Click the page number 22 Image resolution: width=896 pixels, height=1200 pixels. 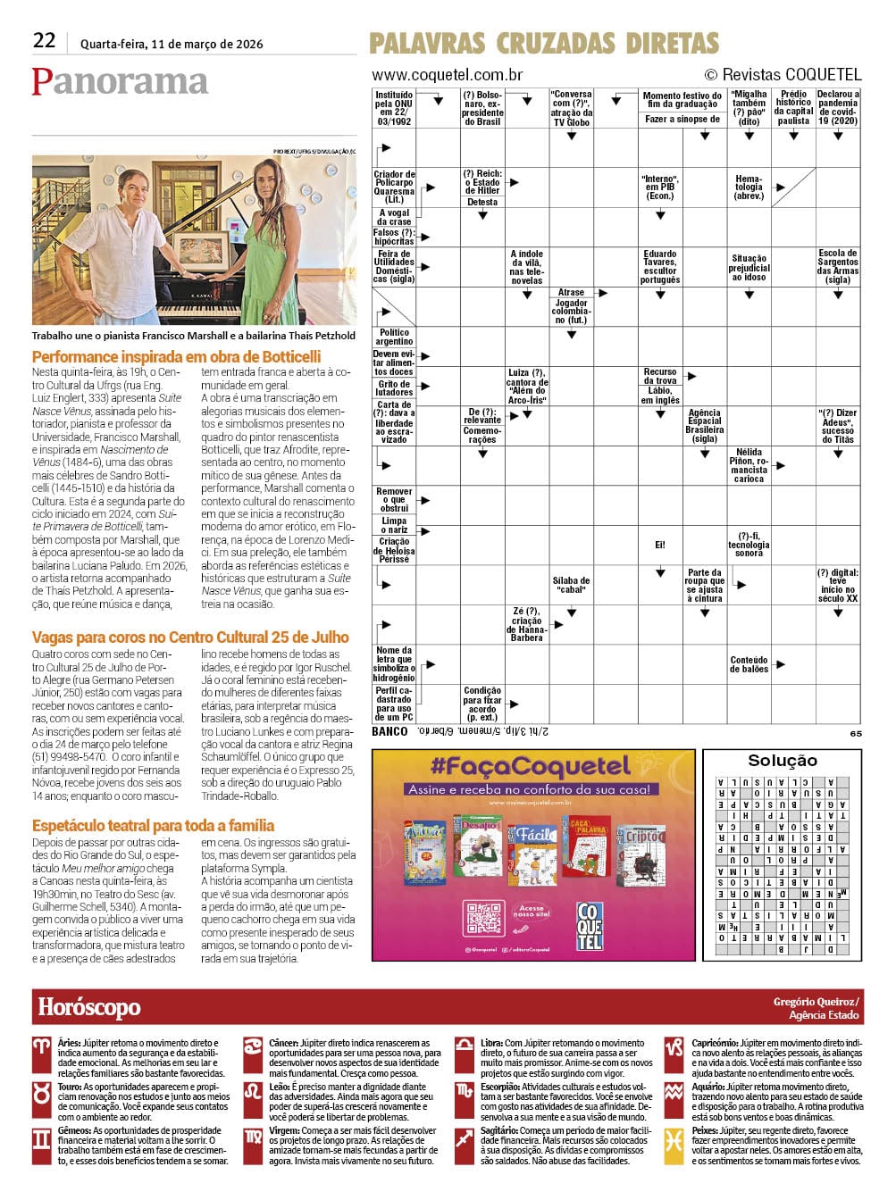(x=44, y=40)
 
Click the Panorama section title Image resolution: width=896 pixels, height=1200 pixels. (x=120, y=81)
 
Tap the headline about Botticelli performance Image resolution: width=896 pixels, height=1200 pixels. (x=176, y=356)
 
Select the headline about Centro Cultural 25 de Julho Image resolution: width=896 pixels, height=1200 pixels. (x=190, y=637)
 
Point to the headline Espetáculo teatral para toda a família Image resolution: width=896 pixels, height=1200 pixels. (x=153, y=826)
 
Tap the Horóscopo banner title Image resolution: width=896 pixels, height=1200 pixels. (x=89, y=1008)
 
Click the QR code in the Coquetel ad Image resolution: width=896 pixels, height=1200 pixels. (x=483, y=919)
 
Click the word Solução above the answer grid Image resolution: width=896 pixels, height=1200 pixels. (x=782, y=761)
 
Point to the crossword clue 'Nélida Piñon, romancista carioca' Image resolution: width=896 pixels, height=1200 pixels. (x=749, y=465)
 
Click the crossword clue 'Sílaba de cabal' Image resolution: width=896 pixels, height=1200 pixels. (x=571, y=585)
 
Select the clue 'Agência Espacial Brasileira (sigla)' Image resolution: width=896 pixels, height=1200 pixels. (x=705, y=426)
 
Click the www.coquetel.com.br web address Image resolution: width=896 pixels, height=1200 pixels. (x=447, y=75)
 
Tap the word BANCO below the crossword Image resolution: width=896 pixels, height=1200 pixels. (x=389, y=731)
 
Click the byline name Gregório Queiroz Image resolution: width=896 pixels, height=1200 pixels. (x=816, y=1002)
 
